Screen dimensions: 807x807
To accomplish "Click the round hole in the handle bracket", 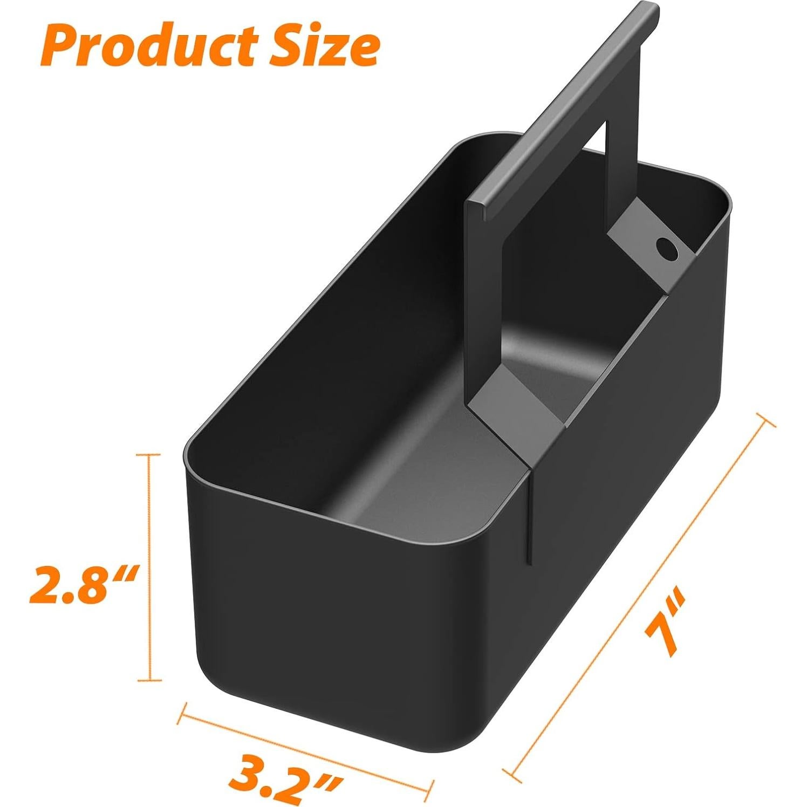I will coord(667,249).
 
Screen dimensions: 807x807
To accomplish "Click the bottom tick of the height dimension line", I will coord(148,681).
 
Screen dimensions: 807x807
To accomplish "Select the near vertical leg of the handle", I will coord(484,302).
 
